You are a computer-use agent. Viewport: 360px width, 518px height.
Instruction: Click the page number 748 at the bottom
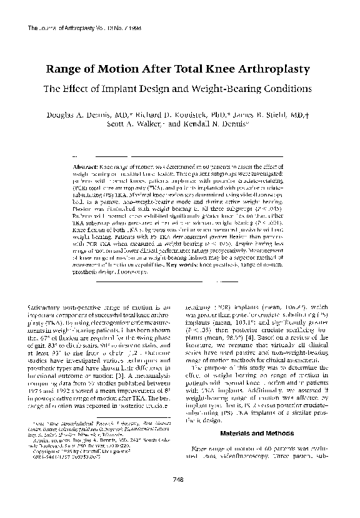[x=179, y=496]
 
